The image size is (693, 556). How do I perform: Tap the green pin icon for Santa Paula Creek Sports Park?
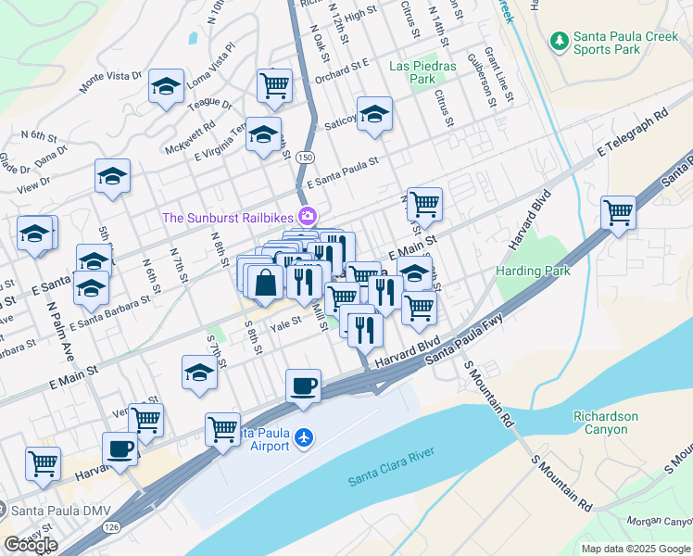pyautogui.click(x=559, y=40)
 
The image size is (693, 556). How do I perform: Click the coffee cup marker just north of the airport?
pyautogui.click(x=303, y=385)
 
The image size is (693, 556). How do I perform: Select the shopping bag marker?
pyautogui.click(x=266, y=283)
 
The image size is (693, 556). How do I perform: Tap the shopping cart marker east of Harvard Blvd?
pyautogui.click(x=617, y=211)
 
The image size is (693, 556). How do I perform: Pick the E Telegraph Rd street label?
pyautogui.click(x=633, y=133)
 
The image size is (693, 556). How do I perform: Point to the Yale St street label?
pyautogui.click(x=285, y=322)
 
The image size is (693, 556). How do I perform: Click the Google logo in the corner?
pyautogui.click(x=31, y=545)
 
